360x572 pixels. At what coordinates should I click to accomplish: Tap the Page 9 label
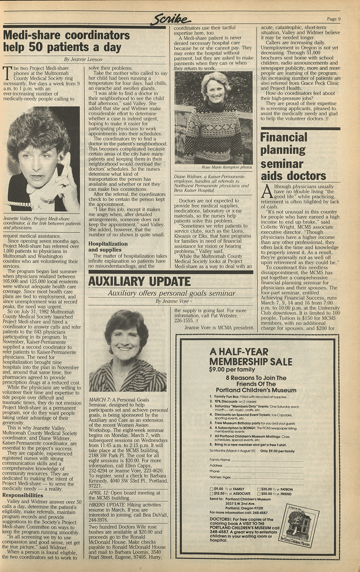[x=333, y=19]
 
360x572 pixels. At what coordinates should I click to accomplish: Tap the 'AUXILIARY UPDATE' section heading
[x=139, y=281]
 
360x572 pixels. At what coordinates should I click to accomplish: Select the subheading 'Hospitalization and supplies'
[x=108, y=247]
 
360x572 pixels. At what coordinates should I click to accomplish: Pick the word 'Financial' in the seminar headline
[x=284, y=138]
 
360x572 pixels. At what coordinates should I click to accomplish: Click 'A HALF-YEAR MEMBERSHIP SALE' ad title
[x=251, y=357]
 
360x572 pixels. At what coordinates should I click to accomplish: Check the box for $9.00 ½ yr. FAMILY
[x=212, y=489]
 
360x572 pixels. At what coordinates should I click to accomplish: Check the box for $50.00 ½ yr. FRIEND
[x=258, y=494]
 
